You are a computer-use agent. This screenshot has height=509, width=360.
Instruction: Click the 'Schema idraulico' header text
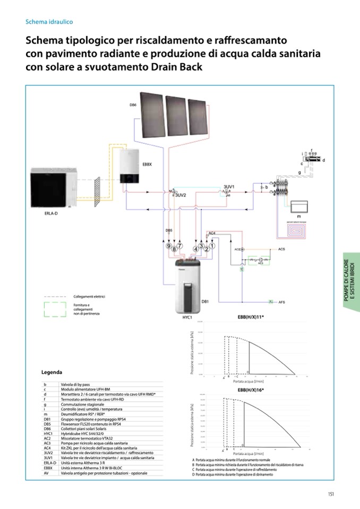pos(49,22)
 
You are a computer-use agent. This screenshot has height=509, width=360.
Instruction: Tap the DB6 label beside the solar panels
pos(133,105)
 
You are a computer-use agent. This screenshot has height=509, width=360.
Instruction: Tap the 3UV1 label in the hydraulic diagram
pos(229,187)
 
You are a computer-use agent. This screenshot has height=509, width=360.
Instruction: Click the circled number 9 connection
pos(168,246)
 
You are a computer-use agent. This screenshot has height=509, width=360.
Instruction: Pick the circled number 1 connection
pos(212,246)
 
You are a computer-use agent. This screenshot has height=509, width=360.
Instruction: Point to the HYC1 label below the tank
pos(186,317)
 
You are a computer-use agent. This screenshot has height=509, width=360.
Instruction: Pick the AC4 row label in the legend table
pos(47,448)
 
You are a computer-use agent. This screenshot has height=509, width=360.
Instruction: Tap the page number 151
pos(330,494)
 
